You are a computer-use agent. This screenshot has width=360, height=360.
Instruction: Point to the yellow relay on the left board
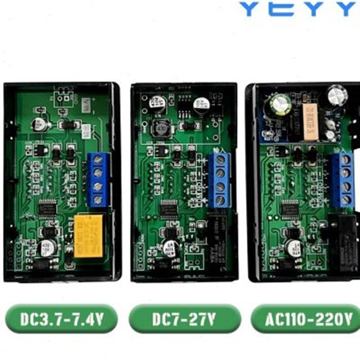89,235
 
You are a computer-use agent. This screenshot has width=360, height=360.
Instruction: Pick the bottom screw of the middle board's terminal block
220,200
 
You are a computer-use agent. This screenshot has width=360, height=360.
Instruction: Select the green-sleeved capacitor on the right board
275,109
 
